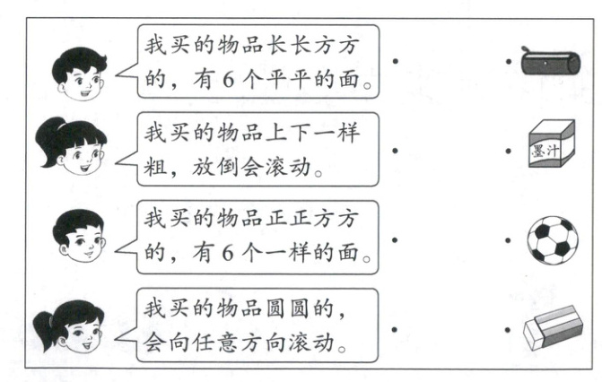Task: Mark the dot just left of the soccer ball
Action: pyautogui.click(x=509, y=240)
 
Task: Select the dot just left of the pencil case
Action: pyautogui.click(x=509, y=63)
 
